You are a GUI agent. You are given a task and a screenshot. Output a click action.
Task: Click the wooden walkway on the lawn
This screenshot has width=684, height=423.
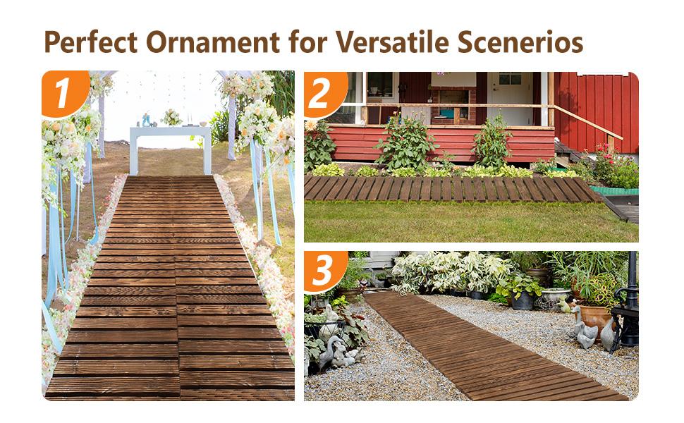click(x=451, y=188)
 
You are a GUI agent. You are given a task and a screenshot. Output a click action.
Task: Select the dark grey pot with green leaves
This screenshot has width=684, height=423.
click(x=523, y=299)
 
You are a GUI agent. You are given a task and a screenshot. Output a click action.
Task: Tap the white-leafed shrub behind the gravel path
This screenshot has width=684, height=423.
click(x=451, y=271)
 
